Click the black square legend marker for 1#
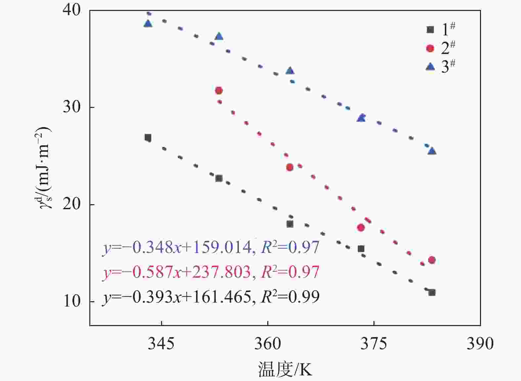click(x=430, y=29)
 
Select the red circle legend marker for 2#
click(x=430, y=48)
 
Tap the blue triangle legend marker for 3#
click(x=430, y=67)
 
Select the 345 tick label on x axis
click(x=161, y=344)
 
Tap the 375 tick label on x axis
click(x=374, y=344)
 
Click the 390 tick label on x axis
click(x=480, y=344)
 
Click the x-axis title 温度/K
click(x=285, y=369)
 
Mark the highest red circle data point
click(x=219, y=90)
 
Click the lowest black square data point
click(x=432, y=292)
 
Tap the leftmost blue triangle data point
click(x=148, y=24)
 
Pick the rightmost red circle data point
click(x=432, y=260)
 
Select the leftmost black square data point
click(x=148, y=137)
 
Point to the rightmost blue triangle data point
click(x=432, y=151)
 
